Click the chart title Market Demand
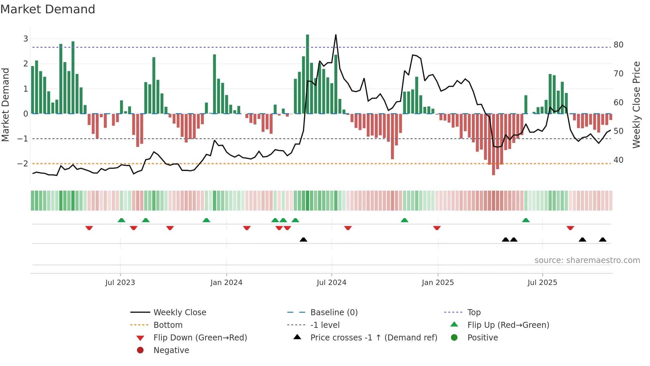tap(48, 9)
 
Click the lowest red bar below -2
tap(493, 144)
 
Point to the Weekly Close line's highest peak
tap(336, 35)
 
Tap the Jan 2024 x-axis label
tap(226, 283)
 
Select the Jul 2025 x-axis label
tap(542, 283)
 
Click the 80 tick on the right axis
tap(618, 45)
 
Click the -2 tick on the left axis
tap(23, 163)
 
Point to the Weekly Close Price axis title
tap(636, 105)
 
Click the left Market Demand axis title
tap(5, 105)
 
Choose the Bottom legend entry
tap(168, 325)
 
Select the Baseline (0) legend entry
tap(334, 312)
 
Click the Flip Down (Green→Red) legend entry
tap(200, 337)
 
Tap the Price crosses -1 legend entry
tap(373, 337)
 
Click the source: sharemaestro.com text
tap(587, 260)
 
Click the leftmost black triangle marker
tap(303, 239)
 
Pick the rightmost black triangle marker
tap(603, 239)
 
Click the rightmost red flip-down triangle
tap(570, 228)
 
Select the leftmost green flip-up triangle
tap(121, 220)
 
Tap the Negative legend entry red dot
tap(140, 350)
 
